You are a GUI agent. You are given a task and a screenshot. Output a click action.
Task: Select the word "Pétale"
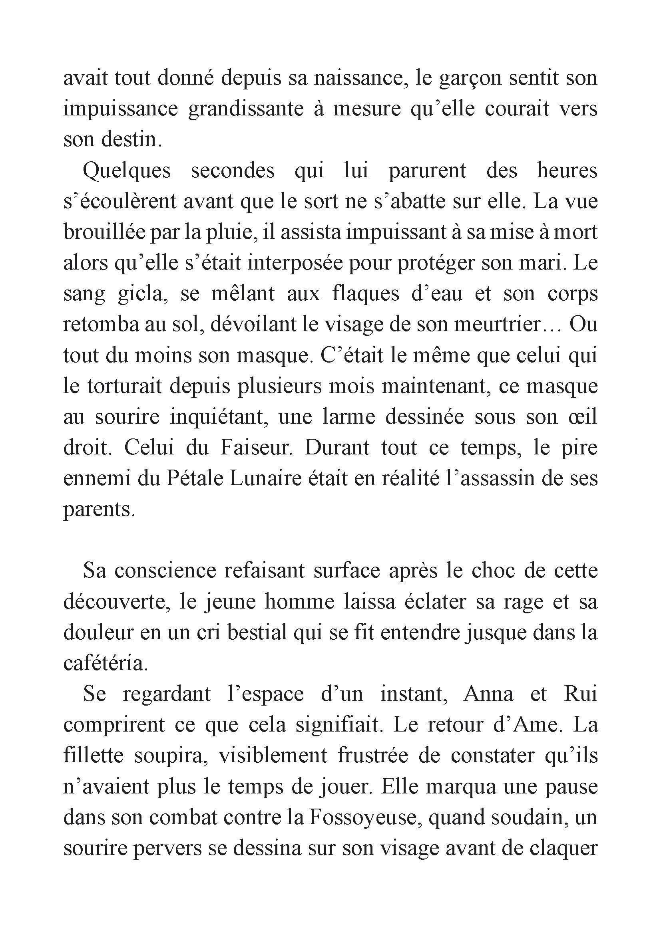(195, 479)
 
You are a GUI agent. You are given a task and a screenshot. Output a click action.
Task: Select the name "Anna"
(488, 695)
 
